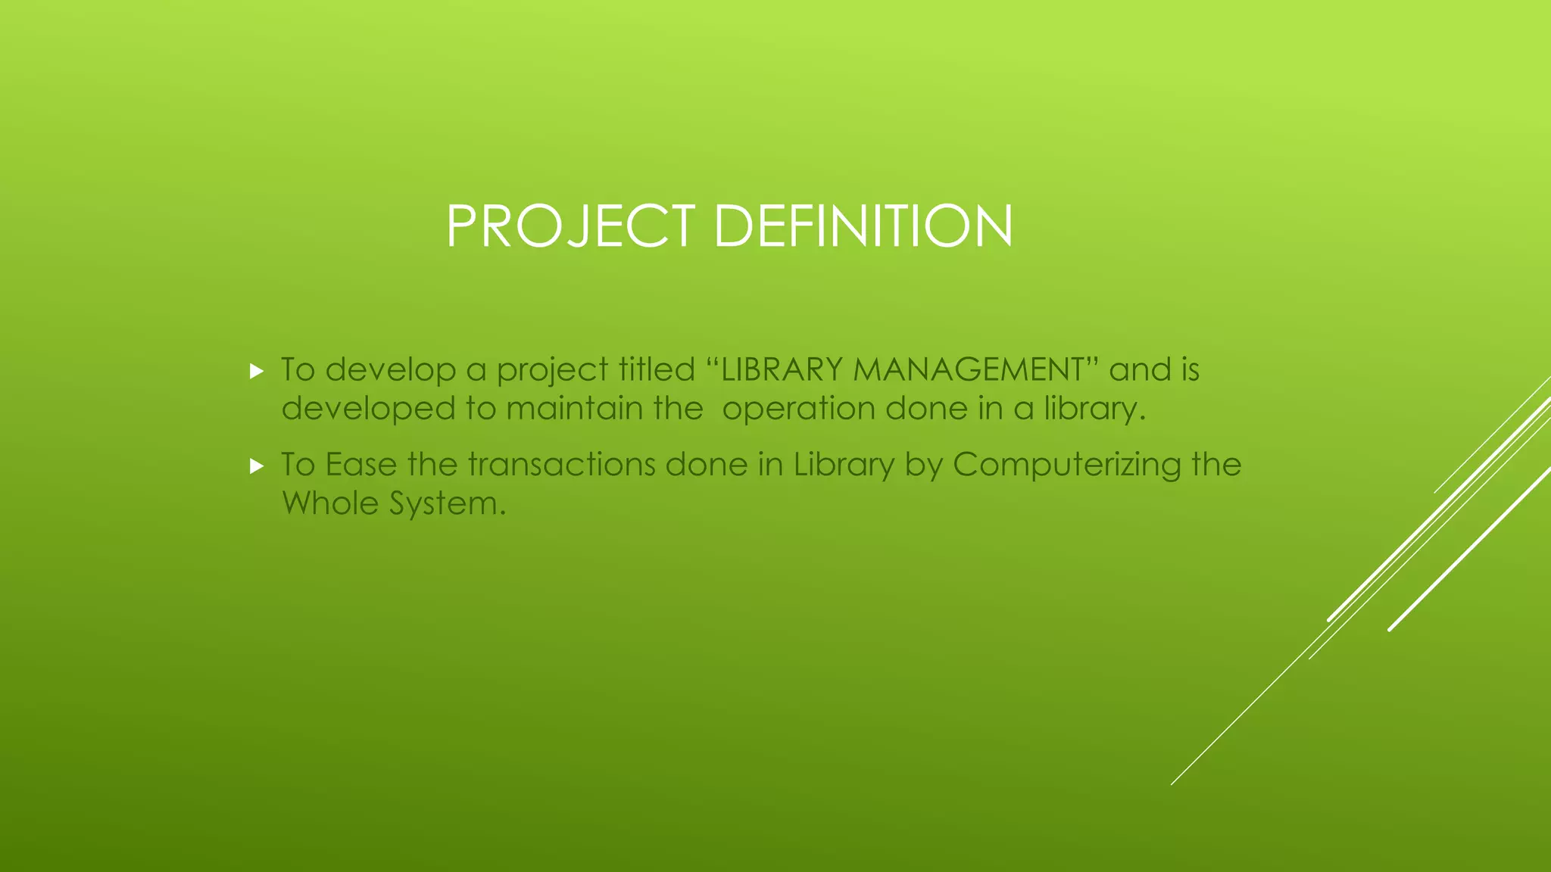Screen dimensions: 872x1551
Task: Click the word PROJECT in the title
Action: coord(570,226)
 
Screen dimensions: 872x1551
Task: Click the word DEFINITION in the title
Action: coord(863,226)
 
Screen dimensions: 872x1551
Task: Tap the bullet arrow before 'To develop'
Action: coord(257,372)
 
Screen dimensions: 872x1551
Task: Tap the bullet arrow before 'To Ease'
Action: coord(257,466)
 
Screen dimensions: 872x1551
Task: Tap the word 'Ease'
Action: coord(360,465)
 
